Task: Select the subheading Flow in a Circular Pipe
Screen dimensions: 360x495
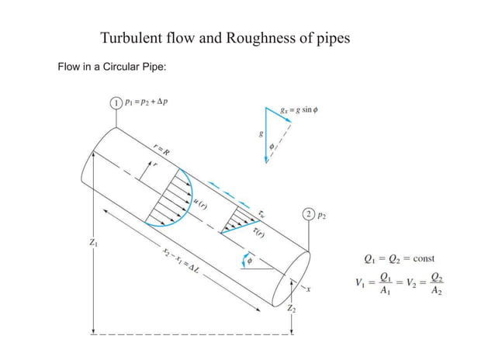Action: [x=112, y=67]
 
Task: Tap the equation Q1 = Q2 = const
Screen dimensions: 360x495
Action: [x=404, y=258]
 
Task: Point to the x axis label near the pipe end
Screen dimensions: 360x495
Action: [x=308, y=290]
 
